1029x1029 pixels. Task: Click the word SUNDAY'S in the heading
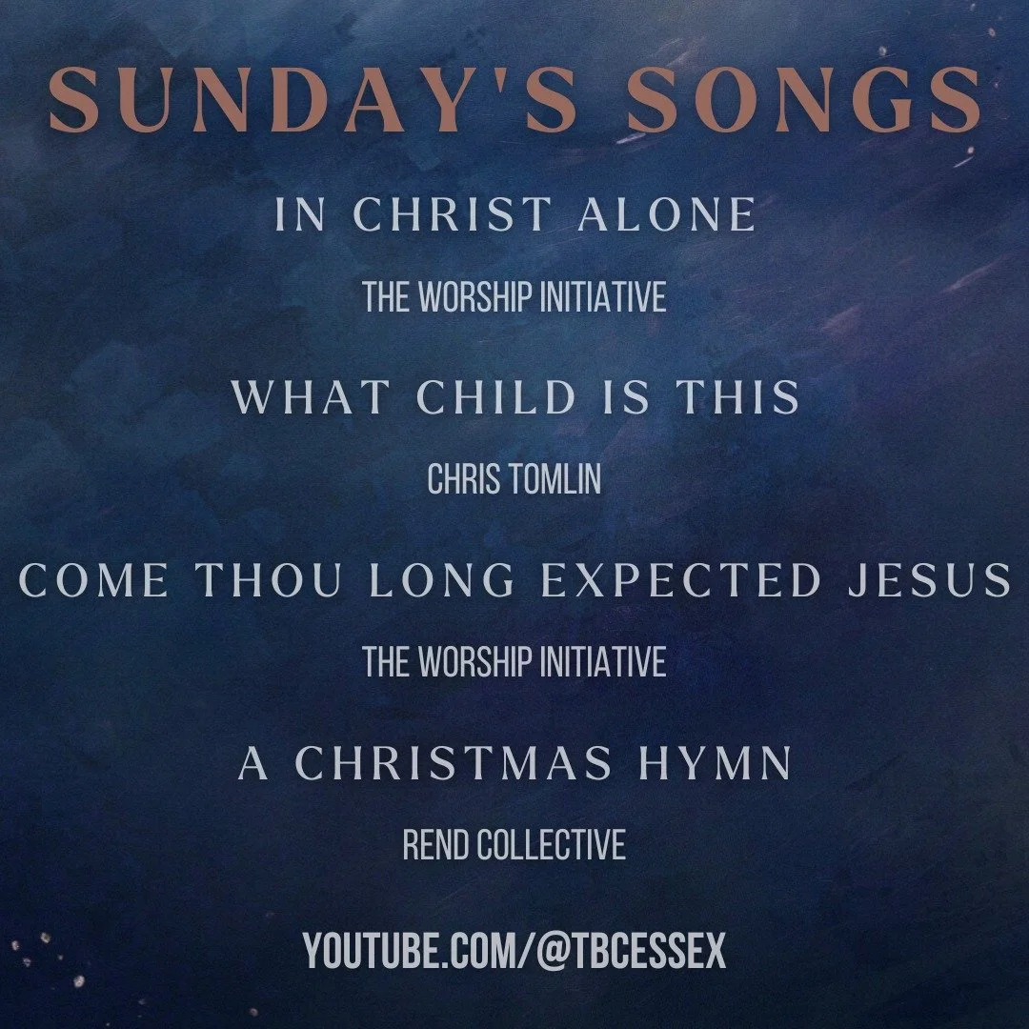point(281,99)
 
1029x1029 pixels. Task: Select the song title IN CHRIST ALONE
point(514,214)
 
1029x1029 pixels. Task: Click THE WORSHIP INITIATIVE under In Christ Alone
point(514,298)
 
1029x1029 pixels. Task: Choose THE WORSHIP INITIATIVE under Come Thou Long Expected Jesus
point(514,662)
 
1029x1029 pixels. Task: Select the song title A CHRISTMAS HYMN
point(514,764)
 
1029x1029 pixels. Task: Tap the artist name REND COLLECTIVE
point(514,845)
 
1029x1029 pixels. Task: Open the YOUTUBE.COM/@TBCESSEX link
point(514,950)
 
